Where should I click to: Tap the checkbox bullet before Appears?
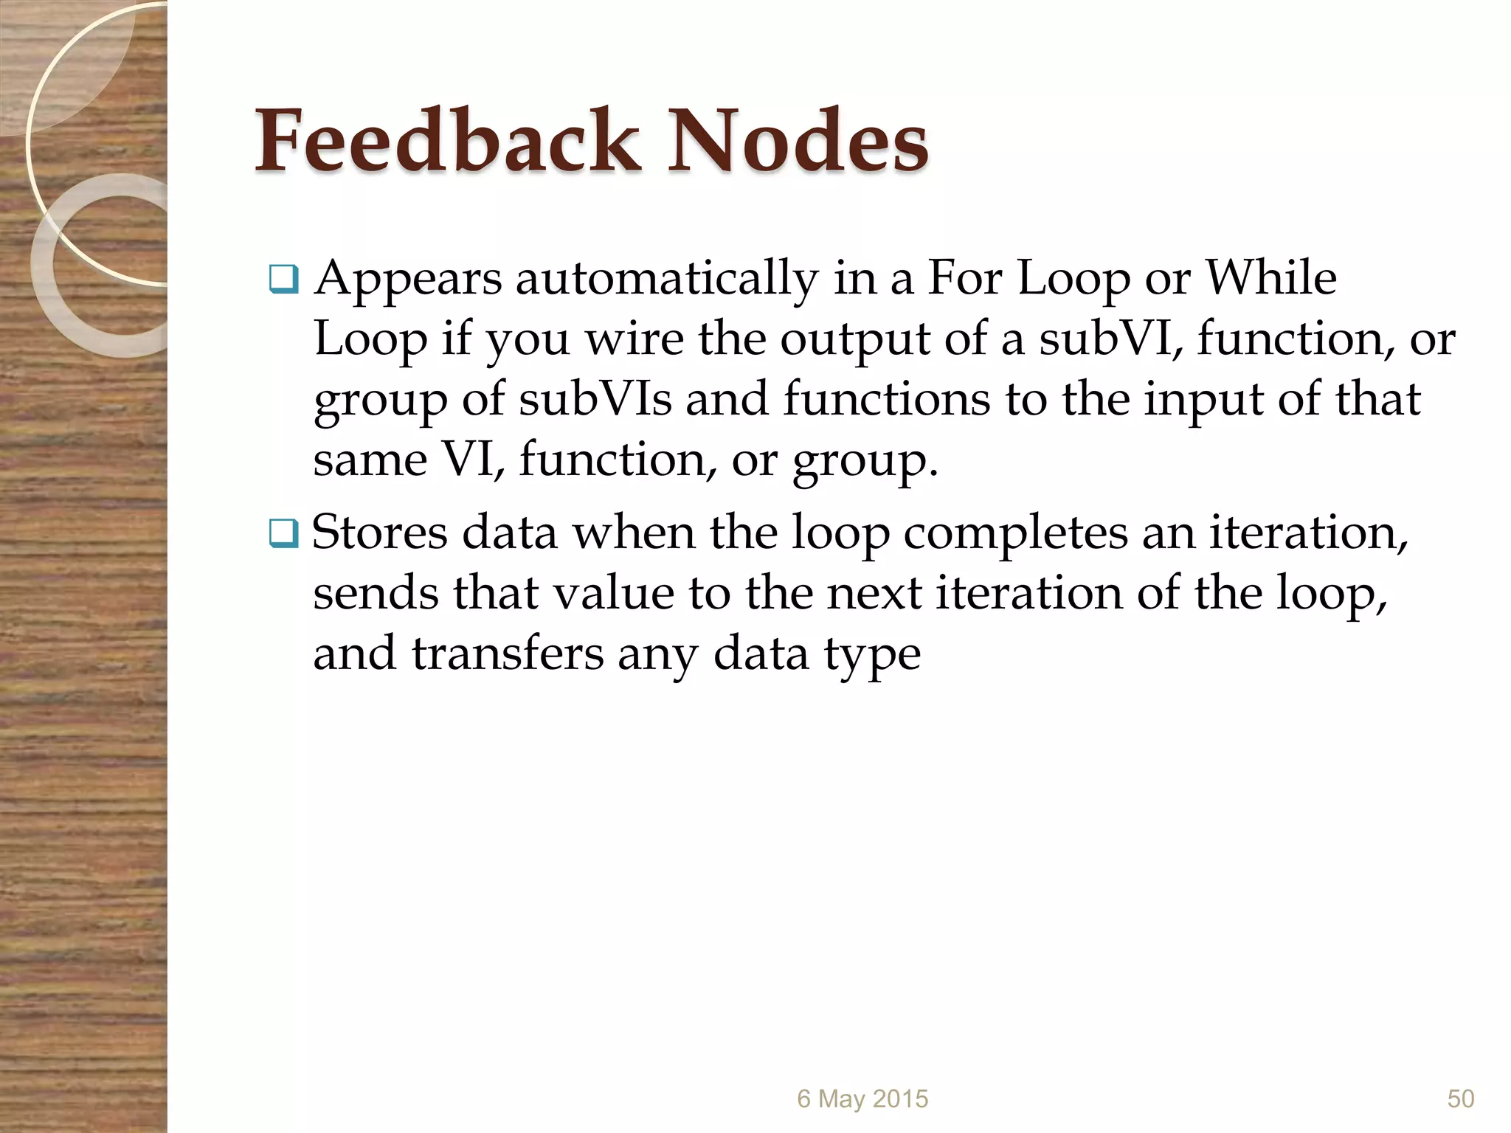coord(283,280)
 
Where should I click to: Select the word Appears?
coord(408,280)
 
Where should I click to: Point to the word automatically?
coord(666,280)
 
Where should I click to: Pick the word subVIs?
coord(595,400)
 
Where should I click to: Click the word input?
coord(1203,401)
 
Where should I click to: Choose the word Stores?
coord(379,533)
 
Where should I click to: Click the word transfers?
coord(507,654)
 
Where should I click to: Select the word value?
coord(613,593)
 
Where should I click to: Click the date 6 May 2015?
coord(862,1099)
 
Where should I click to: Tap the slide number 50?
coord(1461,1099)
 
